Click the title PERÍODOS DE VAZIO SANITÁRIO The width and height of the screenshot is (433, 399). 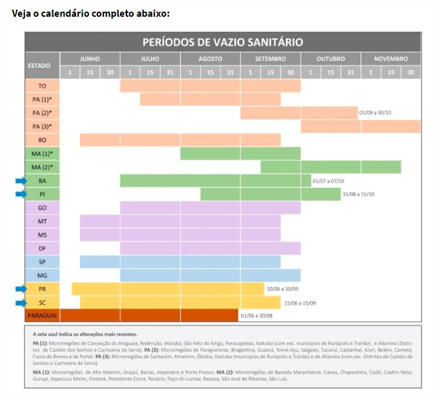pos(223,43)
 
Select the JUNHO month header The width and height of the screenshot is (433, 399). pos(90,59)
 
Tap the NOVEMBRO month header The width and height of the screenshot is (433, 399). pos(390,59)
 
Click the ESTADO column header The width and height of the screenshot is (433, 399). pos(43,65)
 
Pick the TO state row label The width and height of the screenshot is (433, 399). pos(43,86)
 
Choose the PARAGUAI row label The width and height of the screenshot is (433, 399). pos(43,316)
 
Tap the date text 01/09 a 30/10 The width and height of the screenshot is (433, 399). pos(376,113)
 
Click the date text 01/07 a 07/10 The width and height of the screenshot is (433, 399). pos(328,181)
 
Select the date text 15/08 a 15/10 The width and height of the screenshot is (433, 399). pos(359,194)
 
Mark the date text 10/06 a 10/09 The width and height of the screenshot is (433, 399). pos(282,289)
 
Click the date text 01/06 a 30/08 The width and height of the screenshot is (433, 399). pos(256,316)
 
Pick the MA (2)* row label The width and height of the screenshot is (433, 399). pos(43,167)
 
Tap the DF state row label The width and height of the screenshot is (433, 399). pos(43,249)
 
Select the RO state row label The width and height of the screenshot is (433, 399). pos(43,140)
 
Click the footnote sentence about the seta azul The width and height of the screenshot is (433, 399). pos(84,334)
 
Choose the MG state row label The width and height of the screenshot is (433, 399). pos(43,276)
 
